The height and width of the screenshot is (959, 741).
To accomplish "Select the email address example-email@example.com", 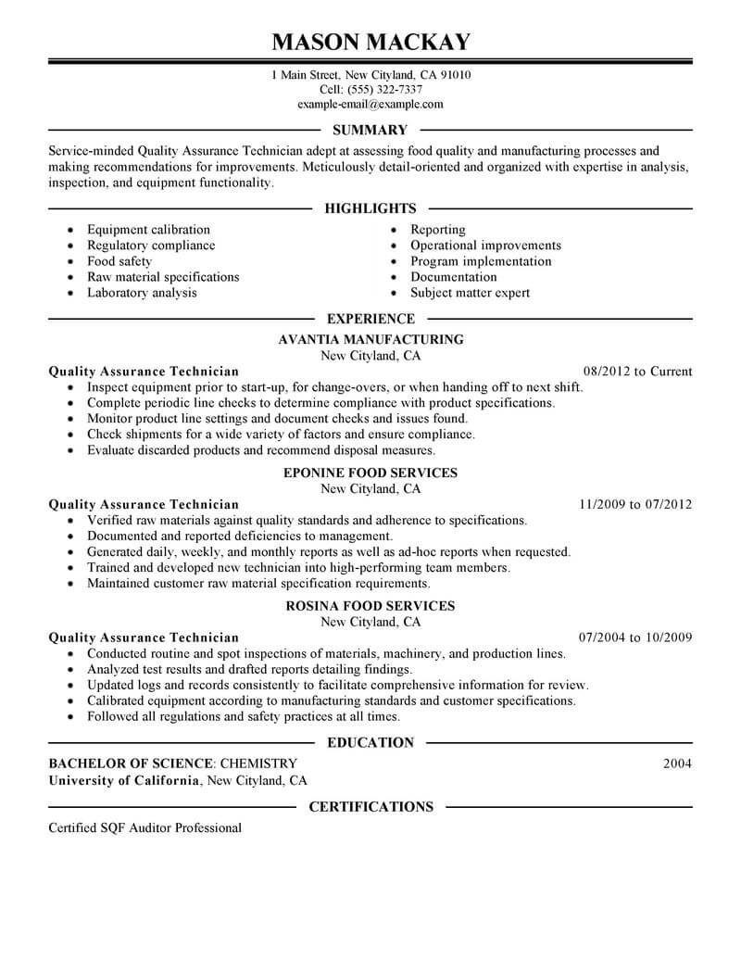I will (x=370, y=105).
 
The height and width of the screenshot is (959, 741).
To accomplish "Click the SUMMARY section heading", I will (x=370, y=131).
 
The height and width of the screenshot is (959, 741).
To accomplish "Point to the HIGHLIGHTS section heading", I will (x=370, y=209).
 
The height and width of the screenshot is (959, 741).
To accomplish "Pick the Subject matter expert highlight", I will (x=470, y=293).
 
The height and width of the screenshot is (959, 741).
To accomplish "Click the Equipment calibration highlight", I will (x=148, y=230).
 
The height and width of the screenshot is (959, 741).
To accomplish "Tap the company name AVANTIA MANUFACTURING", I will (x=370, y=340).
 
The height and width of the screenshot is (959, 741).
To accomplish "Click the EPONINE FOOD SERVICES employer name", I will (x=370, y=473).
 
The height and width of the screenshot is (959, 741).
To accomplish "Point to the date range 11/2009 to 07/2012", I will (x=634, y=505).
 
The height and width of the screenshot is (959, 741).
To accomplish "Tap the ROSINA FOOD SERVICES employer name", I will (x=370, y=606).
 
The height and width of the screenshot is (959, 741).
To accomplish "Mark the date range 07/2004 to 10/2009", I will (x=634, y=637).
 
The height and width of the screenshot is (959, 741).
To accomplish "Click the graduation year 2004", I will (x=677, y=763).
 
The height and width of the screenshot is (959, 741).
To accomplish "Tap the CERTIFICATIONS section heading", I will (x=370, y=807).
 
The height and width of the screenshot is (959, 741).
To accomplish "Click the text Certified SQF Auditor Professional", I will (x=144, y=827).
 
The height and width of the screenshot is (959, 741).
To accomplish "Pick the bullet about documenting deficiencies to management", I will (x=240, y=536).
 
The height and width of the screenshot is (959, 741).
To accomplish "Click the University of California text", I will (x=124, y=780).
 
